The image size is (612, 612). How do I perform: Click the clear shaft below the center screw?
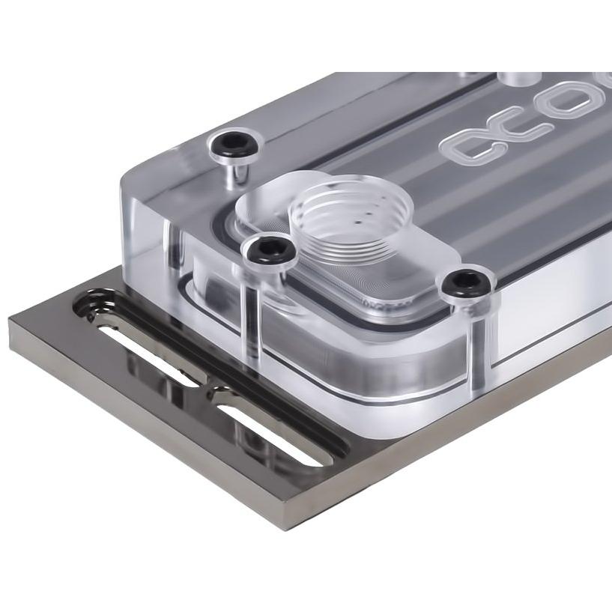click(x=252, y=315)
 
